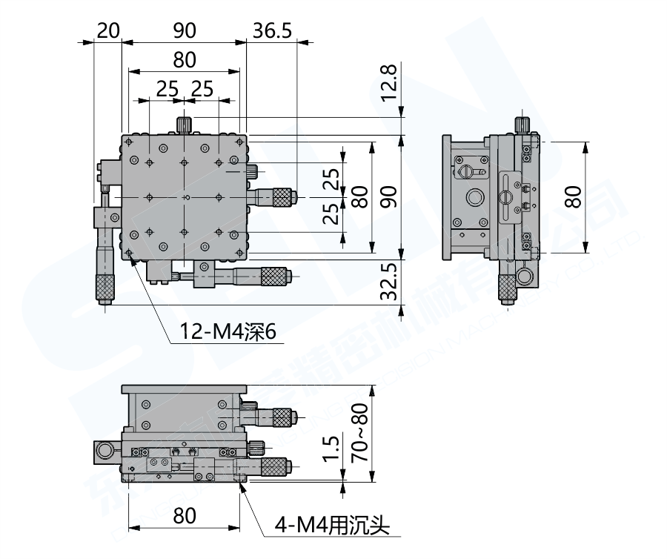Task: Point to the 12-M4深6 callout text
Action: [x=227, y=332]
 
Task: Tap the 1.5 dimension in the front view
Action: [x=333, y=449]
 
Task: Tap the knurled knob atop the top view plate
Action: [x=184, y=124]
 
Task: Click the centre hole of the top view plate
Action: [x=185, y=197]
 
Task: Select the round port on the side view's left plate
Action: [x=473, y=197]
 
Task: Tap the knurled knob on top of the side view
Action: [x=522, y=123]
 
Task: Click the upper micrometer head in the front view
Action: [x=278, y=418]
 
